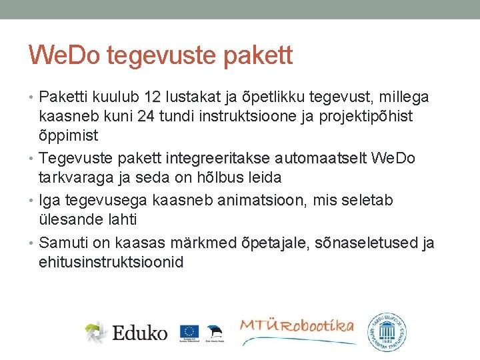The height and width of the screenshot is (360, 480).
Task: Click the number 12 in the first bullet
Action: tap(153, 97)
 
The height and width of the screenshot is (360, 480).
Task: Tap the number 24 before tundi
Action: tap(146, 117)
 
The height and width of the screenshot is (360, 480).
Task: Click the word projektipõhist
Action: tap(369, 117)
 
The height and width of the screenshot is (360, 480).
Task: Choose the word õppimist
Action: tap(69, 136)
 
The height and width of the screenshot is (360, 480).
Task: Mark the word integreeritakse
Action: tap(218, 159)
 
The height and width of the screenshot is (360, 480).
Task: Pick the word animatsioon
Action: tap(261, 201)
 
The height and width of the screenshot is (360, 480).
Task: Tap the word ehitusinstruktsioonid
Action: tap(111, 262)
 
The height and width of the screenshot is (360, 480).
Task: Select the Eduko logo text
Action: tap(140, 331)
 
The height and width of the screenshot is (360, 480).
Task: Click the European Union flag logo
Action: tap(189, 331)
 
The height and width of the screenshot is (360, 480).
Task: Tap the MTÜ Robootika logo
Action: tap(297, 328)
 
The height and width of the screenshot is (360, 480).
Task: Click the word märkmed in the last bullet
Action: tap(203, 243)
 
